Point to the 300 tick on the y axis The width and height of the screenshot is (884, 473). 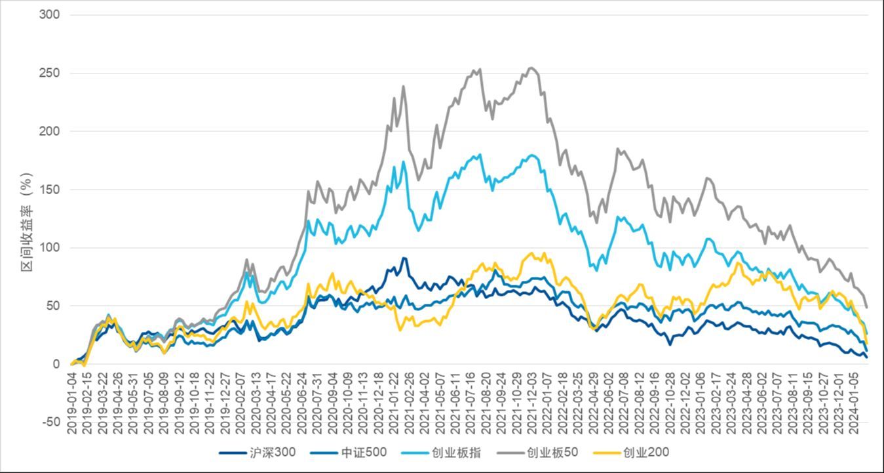[x=50, y=14]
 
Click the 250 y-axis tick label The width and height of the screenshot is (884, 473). [x=50, y=73]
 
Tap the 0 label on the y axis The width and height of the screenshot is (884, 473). [x=56, y=364]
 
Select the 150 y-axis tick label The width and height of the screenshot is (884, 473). [x=50, y=190]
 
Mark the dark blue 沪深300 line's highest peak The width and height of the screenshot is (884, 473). [x=404, y=258]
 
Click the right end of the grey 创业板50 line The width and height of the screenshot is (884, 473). [x=867, y=307]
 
